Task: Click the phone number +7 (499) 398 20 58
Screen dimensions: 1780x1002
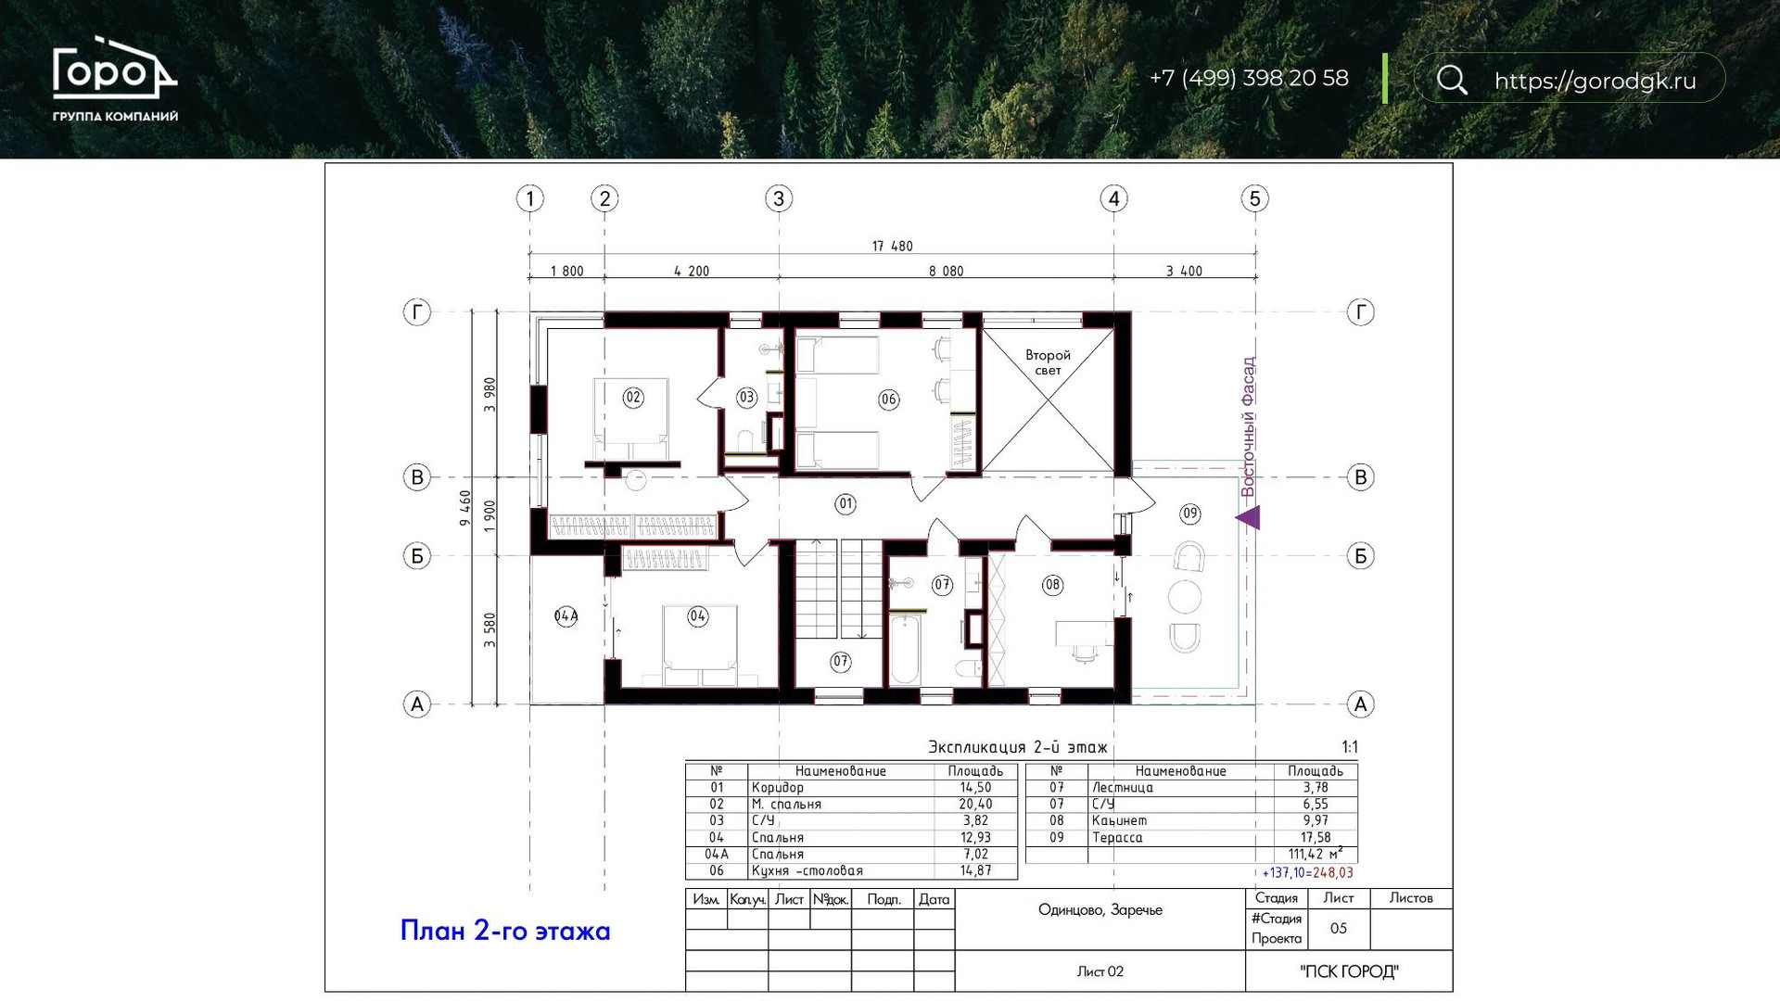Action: pos(1249,79)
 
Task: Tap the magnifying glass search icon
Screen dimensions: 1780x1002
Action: pos(1452,80)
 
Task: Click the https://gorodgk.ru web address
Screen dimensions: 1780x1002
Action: pos(1595,81)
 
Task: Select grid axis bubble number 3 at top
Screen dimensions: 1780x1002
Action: pos(779,198)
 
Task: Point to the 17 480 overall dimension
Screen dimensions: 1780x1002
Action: pos(892,247)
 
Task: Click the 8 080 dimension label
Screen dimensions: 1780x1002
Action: pos(947,272)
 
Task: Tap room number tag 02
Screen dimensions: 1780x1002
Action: pos(633,398)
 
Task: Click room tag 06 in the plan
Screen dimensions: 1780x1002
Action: pos(889,400)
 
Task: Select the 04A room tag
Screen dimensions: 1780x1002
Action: pos(566,616)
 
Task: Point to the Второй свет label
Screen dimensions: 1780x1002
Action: pos(1048,362)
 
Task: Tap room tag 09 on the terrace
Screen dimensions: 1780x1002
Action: pos(1190,514)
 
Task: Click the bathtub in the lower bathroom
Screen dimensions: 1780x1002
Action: pos(906,650)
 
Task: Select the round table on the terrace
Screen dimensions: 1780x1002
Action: pos(1185,597)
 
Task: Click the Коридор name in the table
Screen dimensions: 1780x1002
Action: pos(778,788)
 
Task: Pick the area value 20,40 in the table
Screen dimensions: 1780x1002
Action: pos(975,805)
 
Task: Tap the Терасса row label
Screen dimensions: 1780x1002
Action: pos(1117,838)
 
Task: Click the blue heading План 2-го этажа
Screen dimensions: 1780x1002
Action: pos(505,931)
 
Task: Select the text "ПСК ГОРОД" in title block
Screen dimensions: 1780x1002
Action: pos(1349,971)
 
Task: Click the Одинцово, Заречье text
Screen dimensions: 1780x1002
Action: pos(1100,910)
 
